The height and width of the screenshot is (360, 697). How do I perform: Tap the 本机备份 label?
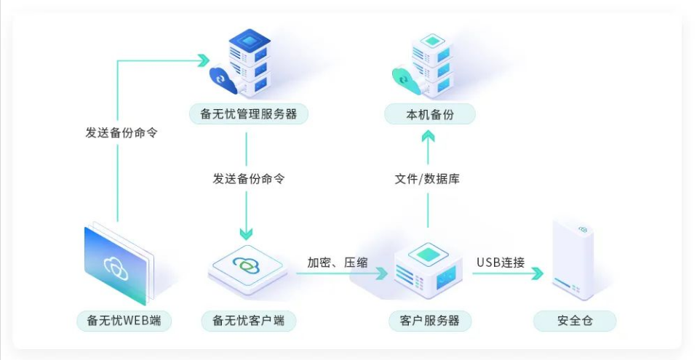[x=429, y=114]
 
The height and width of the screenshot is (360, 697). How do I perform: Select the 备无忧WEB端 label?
[x=124, y=320]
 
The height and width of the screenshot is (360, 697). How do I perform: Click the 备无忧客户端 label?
[x=248, y=320]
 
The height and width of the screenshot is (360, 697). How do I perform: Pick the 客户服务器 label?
[x=429, y=320]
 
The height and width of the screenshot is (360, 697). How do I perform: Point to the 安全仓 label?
[x=575, y=320]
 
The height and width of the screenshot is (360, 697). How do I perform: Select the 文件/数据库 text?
[x=427, y=178]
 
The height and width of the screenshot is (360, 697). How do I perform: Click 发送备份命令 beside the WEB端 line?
[x=122, y=133]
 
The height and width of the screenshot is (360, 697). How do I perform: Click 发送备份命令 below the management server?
[x=248, y=178]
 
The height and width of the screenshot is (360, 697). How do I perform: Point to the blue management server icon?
[x=244, y=64]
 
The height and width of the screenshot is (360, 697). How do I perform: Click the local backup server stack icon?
[x=426, y=64]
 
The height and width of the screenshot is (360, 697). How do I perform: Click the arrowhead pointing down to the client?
[x=247, y=233]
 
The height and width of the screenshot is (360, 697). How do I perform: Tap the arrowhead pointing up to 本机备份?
[x=428, y=135]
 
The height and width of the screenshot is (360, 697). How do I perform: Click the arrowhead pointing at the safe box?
[x=537, y=274]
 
